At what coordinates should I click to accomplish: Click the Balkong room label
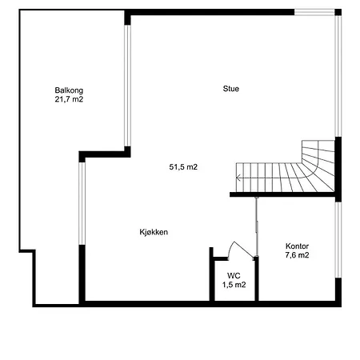pyautogui.click(x=69, y=90)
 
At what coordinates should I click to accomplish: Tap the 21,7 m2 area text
pyautogui.click(x=69, y=99)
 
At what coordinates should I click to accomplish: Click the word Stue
pyautogui.click(x=231, y=89)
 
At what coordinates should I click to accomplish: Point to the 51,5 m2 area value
pyautogui.click(x=183, y=167)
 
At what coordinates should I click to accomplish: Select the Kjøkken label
pyautogui.click(x=154, y=232)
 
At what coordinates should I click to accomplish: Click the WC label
pyautogui.click(x=234, y=276)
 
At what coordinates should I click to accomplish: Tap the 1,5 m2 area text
pyautogui.click(x=234, y=285)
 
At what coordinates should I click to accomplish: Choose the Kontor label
pyautogui.click(x=297, y=246)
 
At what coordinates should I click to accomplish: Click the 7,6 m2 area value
pyautogui.click(x=297, y=255)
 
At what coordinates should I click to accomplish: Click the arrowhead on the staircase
pyautogui.click(x=238, y=178)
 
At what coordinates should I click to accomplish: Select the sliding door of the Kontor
pyautogui.click(x=256, y=226)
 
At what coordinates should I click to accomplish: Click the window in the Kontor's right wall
pyautogui.click(x=338, y=240)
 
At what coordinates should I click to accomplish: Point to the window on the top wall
pyautogui.click(x=314, y=12)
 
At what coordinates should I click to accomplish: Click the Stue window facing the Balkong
pyautogui.click(x=127, y=86)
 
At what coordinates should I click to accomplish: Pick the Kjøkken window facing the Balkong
pyautogui.click(x=82, y=203)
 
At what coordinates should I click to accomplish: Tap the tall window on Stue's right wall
pyautogui.click(x=338, y=76)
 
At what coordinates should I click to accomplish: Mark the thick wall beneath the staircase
pyautogui.click(x=282, y=194)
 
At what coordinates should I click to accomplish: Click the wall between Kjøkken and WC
pyautogui.click(x=212, y=274)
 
